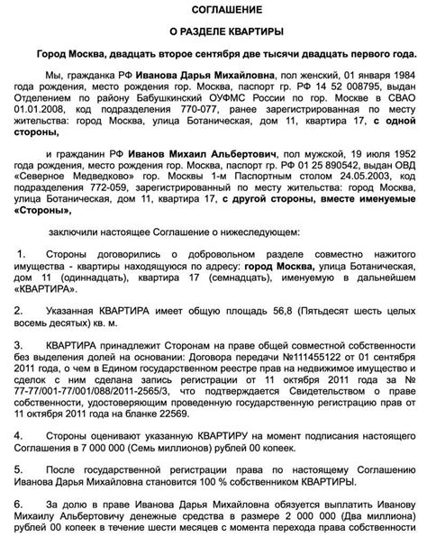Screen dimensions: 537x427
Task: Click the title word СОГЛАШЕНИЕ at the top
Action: tap(214, 8)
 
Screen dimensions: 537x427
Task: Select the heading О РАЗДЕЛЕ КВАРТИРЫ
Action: tap(214, 32)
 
